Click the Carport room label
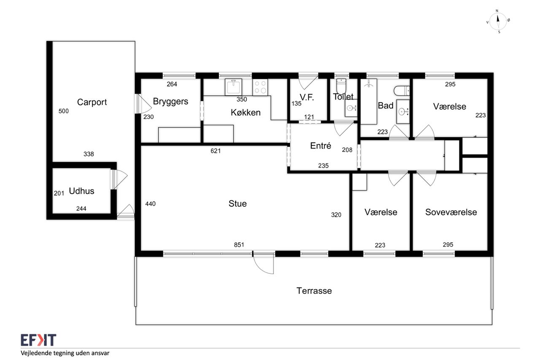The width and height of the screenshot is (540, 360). (92, 102)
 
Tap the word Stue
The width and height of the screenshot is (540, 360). (238, 204)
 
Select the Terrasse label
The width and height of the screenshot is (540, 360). (314, 291)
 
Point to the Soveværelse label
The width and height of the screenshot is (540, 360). (451, 212)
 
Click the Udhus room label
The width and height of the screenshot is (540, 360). (81, 191)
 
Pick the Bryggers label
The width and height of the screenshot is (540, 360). (170, 102)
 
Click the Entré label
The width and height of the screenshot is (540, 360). (320, 146)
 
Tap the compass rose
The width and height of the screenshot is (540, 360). (498, 22)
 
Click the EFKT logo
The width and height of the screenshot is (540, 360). (38, 340)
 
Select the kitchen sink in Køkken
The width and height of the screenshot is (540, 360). (233, 87)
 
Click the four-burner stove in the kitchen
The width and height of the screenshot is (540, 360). (260, 87)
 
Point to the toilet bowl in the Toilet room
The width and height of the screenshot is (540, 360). (341, 86)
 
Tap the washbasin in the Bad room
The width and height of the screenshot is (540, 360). (403, 111)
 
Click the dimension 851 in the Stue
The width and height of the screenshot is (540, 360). (239, 245)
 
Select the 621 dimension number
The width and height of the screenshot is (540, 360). (216, 151)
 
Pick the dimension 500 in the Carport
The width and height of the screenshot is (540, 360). (64, 111)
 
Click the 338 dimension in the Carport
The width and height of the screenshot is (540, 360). (89, 154)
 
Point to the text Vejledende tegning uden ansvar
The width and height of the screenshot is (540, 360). (65, 353)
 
